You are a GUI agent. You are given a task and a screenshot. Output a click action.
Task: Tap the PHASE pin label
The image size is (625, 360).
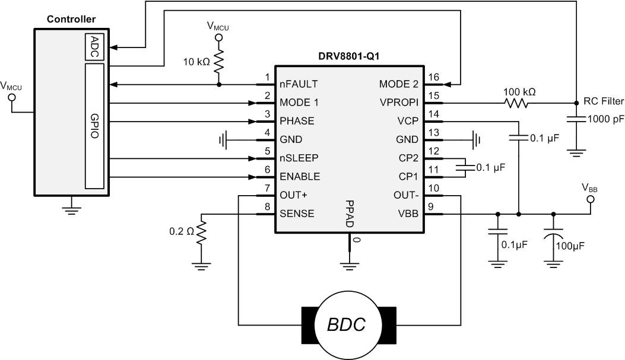(x=297, y=121)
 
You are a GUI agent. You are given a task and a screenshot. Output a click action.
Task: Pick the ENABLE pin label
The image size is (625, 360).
(x=300, y=176)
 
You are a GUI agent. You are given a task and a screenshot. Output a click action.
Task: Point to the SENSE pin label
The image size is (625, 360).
(x=297, y=214)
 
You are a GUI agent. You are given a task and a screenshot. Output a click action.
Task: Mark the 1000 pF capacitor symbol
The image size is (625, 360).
(x=575, y=119)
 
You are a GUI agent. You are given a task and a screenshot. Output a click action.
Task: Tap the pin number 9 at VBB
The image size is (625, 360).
(x=432, y=206)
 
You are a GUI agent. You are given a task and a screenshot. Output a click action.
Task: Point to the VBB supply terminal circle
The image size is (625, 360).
(x=590, y=200)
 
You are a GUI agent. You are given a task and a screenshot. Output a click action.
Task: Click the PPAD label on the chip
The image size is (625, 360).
(x=350, y=214)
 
